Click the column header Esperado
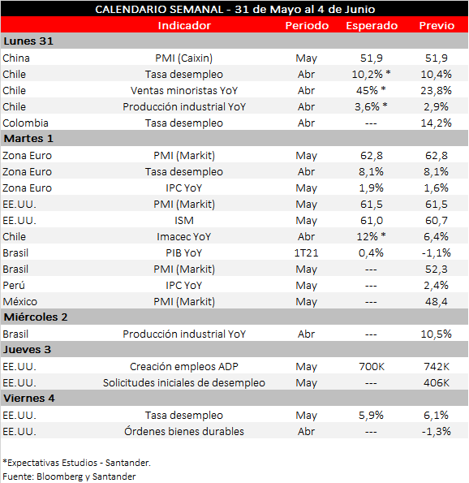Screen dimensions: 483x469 tap(372, 25)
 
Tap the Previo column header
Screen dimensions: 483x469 tap(437, 25)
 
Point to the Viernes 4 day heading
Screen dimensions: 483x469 tap(28, 399)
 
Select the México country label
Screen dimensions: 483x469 tap(19, 301)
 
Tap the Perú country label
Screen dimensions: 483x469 tap(15, 285)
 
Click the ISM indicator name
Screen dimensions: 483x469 tap(184, 220)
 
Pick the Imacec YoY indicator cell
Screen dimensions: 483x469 tap(184, 236)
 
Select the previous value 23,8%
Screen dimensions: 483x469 tap(437, 90)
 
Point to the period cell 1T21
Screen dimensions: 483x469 tap(307, 252)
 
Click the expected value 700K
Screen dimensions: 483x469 tap(372, 366)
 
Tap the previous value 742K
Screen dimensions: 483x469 tap(437, 366)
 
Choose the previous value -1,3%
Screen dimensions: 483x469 tap(437, 431)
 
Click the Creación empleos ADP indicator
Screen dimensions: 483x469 tap(184, 366)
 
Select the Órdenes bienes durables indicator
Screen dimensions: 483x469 tap(184, 431)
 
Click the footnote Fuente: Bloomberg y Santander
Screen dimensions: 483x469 tap(69, 476)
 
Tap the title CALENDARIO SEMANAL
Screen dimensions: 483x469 tap(153, 9)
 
